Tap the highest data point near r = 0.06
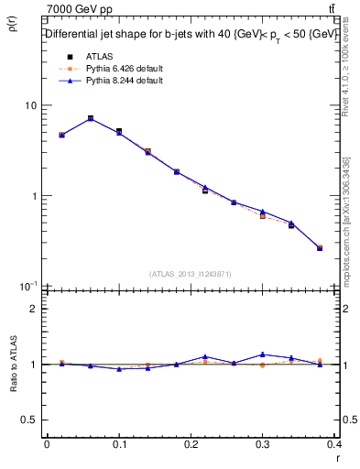(x=91, y=118)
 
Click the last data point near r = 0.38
(x=320, y=247)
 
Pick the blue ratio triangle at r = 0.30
(x=263, y=354)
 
